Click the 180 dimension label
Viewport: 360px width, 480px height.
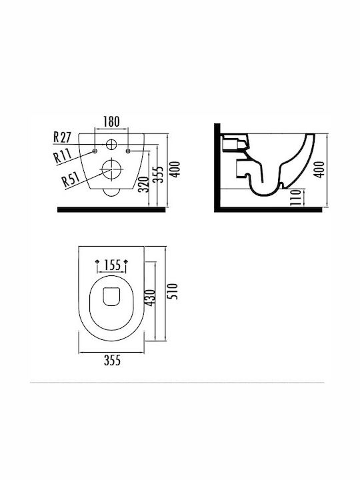[x=111, y=121]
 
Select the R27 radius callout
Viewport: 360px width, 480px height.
[x=62, y=137]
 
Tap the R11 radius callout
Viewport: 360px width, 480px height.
[x=63, y=155]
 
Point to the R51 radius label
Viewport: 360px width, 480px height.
[x=71, y=179]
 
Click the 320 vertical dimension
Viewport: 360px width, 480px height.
[x=143, y=184]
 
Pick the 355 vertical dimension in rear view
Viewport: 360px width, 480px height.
[x=159, y=175]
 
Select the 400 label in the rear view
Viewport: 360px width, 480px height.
[x=175, y=169]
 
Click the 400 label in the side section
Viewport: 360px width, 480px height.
[x=319, y=169]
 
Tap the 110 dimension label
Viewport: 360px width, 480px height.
[x=295, y=197]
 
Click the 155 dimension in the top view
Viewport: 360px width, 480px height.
[x=112, y=265]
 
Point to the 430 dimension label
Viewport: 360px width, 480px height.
[x=151, y=297]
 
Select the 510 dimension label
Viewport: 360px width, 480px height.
[x=173, y=291]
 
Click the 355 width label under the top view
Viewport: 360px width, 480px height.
[x=112, y=360]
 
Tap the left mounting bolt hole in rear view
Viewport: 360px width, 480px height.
[x=95, y=151]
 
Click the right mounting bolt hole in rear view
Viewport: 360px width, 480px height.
[x=128, y=151]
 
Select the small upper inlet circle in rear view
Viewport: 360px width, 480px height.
[x=111, y=144]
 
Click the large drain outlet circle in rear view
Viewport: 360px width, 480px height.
[x=111, y=169]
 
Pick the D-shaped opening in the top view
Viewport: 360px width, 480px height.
[x=111, y=297]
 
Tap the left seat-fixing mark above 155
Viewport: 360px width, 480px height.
[x=97, y=261]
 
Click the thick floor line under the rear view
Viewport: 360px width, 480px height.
[x=111, y=210]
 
